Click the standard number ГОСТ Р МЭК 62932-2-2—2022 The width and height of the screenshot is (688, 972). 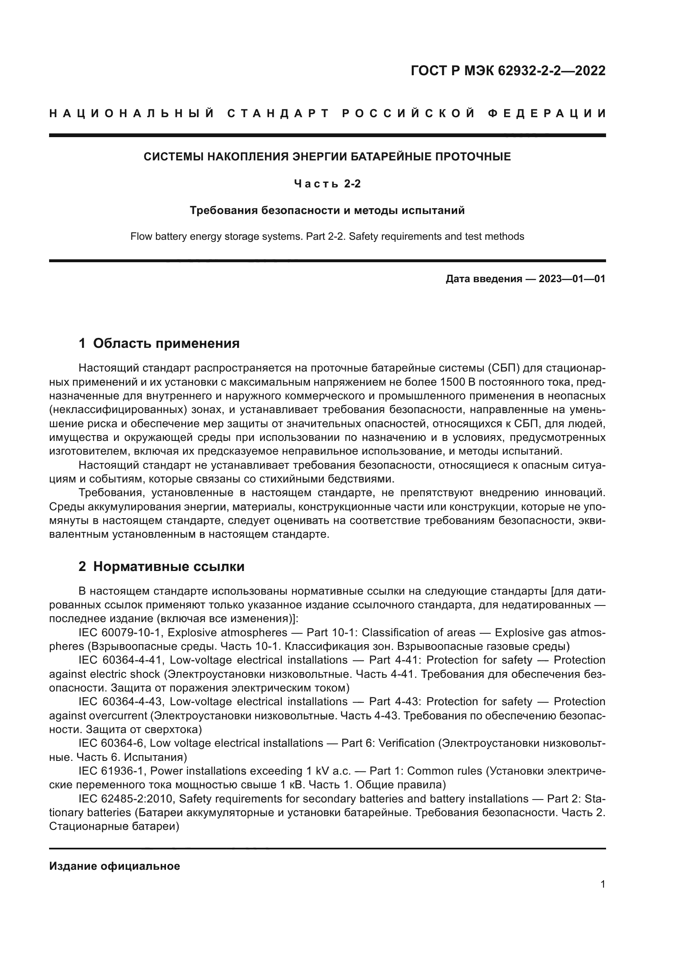coord(508,71)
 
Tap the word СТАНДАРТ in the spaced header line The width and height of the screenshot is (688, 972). coord(278,113)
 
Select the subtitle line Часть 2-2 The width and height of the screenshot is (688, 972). coord(327,184)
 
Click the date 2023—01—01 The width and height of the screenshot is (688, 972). coord(572,279)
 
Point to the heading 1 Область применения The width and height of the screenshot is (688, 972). coord(159,343)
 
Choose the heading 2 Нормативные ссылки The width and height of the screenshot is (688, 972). coord(161,566)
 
